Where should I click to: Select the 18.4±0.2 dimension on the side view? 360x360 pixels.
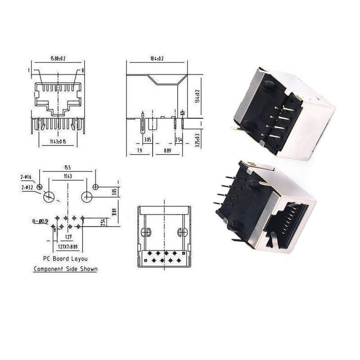tap(157, 58)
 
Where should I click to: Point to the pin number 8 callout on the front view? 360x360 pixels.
tap(83, 71)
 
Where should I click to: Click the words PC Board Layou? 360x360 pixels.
tap(65, 259)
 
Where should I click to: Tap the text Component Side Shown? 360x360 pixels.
tap(66, 269)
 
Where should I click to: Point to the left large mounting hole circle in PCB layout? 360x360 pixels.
tap(49, 197)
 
